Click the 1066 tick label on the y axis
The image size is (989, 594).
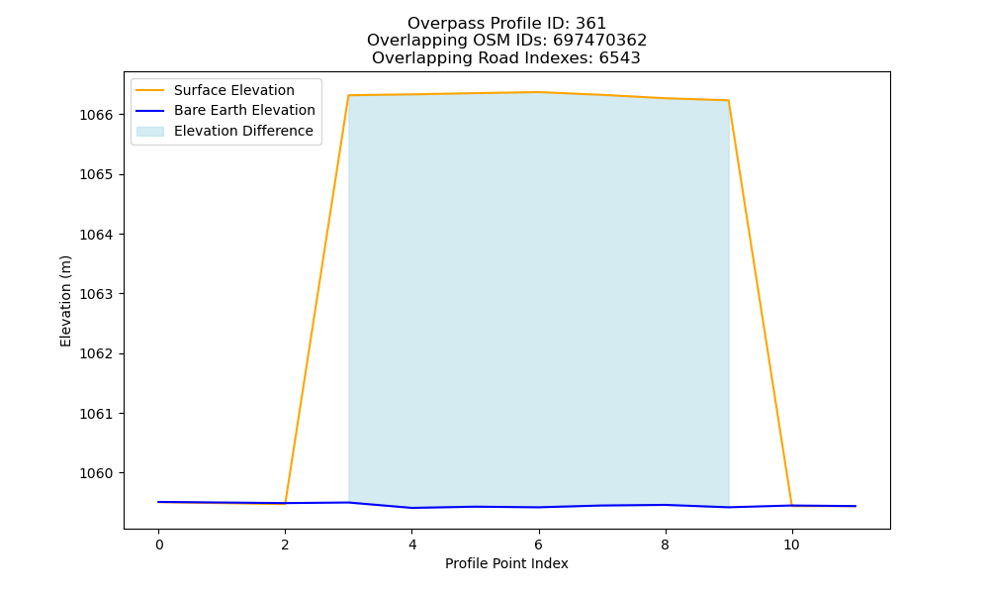coord(96,115)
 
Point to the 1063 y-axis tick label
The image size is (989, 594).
coord(96,294)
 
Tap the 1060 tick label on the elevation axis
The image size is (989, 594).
coord(96,473)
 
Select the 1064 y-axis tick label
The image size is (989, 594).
coord(96,235)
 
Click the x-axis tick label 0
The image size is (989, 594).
coord(159,544)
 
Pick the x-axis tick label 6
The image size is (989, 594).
coord(539,544)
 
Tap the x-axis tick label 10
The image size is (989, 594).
coord(791,544)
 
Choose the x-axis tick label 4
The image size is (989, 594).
coord(411,544)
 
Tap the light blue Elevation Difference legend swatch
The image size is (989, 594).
coord(150,132)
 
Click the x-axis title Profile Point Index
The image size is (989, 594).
coord(506,563)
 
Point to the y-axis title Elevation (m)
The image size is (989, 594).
coord(65,301)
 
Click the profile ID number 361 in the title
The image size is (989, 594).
coord(590,24)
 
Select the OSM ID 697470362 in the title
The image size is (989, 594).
coord(600,41)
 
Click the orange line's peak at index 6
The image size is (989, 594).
coord(539,92)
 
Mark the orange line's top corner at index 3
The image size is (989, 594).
coord(349,95)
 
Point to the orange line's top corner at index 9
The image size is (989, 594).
coord(729,100)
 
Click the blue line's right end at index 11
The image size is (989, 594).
coord(855,506)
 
